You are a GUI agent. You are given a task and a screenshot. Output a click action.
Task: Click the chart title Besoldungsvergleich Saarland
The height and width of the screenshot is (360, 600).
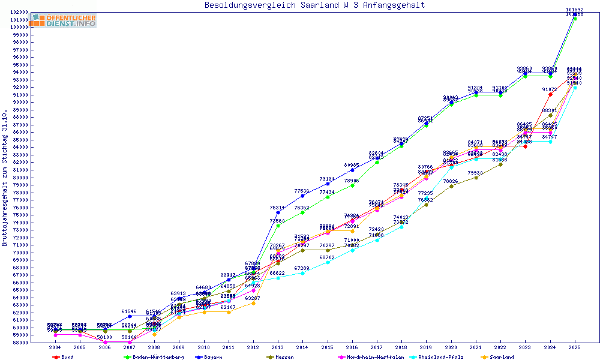coord(314,5)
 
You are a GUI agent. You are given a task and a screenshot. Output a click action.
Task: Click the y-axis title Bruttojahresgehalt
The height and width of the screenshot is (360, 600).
coord(5,178)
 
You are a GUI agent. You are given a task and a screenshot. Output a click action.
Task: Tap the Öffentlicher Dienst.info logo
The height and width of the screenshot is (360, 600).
coord(64,21)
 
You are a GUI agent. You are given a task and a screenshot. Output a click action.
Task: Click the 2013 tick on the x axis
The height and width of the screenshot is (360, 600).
coord(277,347)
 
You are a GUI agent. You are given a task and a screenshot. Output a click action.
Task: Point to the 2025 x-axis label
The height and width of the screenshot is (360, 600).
coord(575,347)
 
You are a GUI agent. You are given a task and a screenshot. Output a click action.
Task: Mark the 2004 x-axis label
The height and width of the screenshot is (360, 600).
coord(55,347)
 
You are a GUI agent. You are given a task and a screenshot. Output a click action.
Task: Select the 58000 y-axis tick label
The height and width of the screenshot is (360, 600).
coord(21,343)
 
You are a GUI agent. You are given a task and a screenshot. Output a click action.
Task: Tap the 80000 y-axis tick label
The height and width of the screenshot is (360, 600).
coord(21,177)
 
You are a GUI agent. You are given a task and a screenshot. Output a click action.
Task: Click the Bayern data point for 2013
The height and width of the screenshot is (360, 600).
coord(278,212)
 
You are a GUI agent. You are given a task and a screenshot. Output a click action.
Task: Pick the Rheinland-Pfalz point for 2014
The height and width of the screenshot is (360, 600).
coord(302,273)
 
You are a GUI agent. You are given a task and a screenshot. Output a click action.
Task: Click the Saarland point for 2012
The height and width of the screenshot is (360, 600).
coord(253,303)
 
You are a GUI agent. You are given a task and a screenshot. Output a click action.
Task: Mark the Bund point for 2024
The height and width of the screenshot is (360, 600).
coord(550,94)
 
